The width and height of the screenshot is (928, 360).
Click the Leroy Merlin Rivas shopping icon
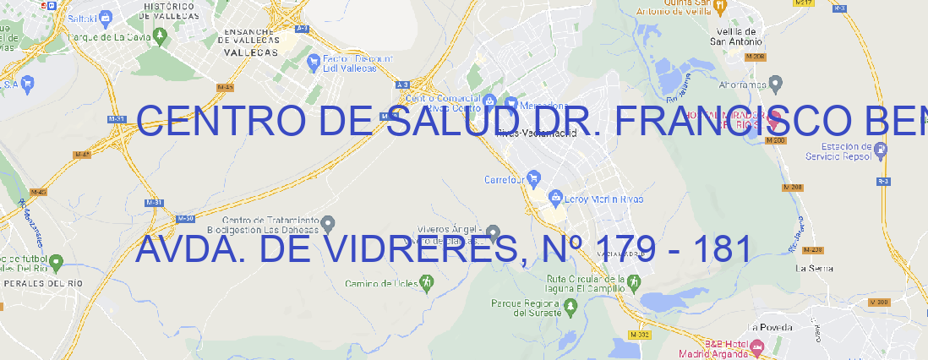point(555,199)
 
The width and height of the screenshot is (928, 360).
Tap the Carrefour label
point(505,180)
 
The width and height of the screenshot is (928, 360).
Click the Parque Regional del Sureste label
point(526,308)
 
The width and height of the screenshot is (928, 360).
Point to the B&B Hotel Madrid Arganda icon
point(757,346)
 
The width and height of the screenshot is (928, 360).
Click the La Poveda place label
point(770,327)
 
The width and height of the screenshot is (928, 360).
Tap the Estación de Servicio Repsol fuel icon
point(881,150)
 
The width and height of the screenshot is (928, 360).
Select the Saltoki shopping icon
point(106,16)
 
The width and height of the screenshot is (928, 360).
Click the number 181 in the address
point(721,248)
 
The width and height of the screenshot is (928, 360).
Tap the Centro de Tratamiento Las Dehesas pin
point(329,223)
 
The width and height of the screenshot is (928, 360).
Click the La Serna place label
point(815,268)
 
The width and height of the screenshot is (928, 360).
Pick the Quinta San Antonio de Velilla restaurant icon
point(719,7)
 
